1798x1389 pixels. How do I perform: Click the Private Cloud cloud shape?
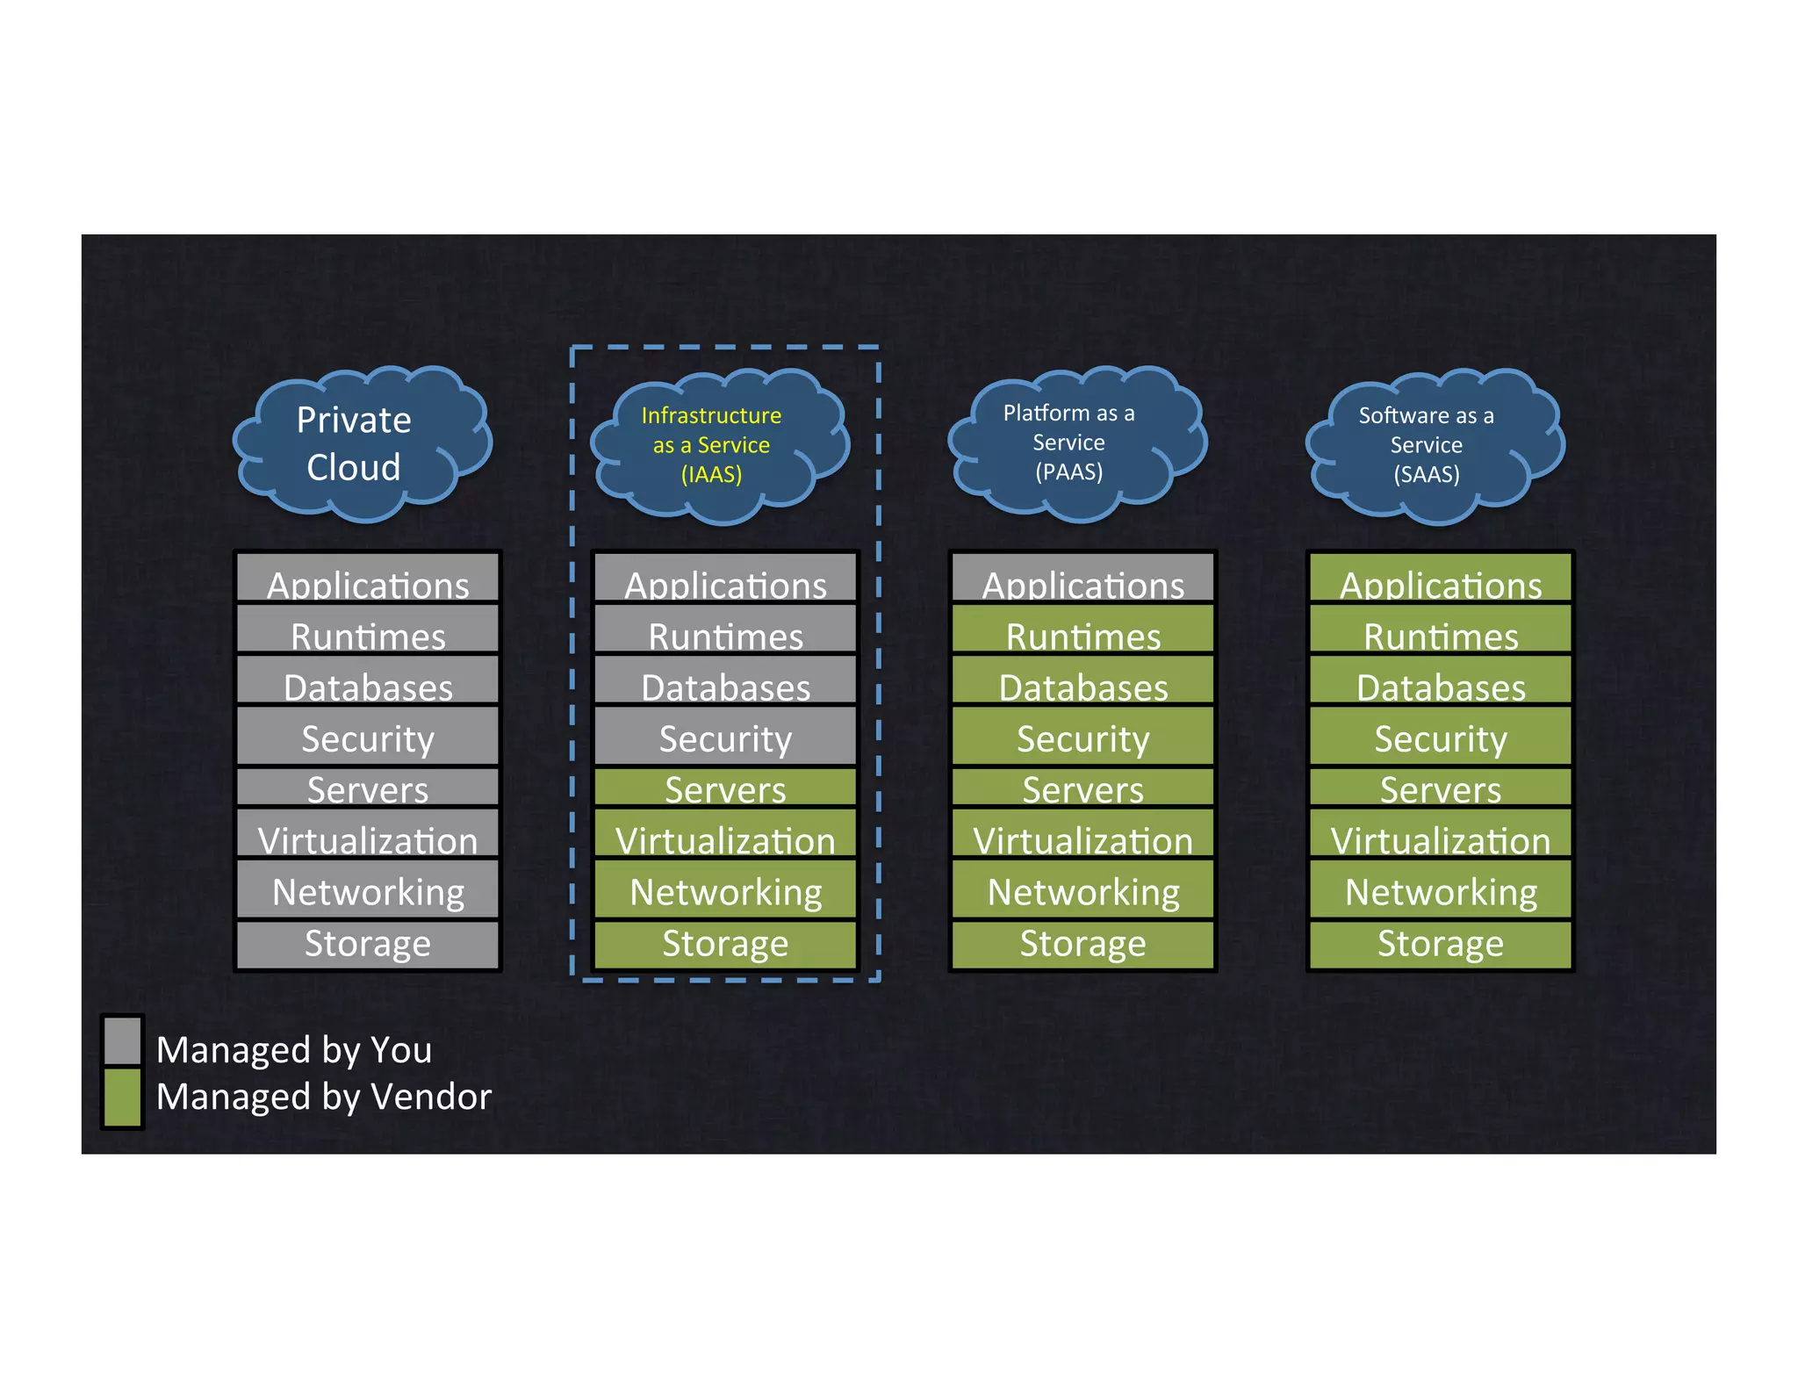point(360,443)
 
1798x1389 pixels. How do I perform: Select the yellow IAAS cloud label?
point(711,444)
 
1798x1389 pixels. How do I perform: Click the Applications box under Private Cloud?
point(368,579)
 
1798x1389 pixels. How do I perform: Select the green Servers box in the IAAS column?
point(725,788)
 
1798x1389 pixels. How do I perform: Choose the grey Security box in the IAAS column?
point(725,736)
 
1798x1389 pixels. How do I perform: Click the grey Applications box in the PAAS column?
point(1082,579)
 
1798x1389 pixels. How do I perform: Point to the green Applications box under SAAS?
point(1440,579)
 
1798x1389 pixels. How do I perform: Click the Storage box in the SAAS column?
point(1440,944)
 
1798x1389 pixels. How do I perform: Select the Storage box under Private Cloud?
point(368,944)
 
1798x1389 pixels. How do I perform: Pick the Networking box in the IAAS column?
point(725,890)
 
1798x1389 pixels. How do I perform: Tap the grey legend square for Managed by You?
point(122,1040)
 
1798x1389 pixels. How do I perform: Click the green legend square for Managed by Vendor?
point(122,1096)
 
